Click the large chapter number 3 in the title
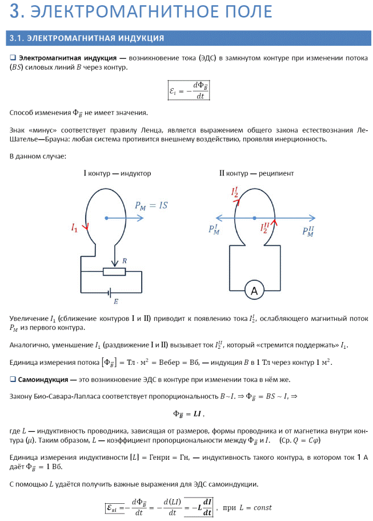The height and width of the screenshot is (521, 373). (x=17, y=11)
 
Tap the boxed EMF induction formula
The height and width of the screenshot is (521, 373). (x=188, y=90)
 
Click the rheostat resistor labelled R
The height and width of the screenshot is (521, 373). (x=114, y=271)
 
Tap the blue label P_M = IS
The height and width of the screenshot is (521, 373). (x=151, y=205)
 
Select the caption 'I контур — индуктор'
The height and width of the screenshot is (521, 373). (x=117, y=173)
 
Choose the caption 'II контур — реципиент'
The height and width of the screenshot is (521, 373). (x=256, y=173)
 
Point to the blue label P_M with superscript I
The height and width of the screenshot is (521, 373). (x=214, y=230)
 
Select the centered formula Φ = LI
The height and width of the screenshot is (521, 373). (x=188, y=414)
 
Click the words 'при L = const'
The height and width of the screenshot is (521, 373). (x=247, y=507)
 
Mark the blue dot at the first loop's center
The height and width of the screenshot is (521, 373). (x=106, y=217)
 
